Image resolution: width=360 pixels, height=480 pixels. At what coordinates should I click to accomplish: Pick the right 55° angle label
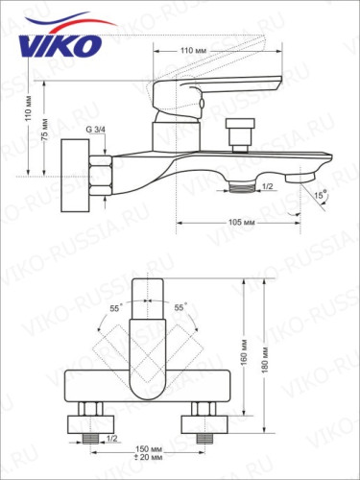pos(180,308)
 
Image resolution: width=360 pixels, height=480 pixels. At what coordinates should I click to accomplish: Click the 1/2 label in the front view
pos(111,439)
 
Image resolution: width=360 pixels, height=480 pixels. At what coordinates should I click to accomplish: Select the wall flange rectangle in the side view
pos(73,175)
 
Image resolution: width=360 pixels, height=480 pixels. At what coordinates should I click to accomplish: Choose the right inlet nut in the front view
pos(204,422)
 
